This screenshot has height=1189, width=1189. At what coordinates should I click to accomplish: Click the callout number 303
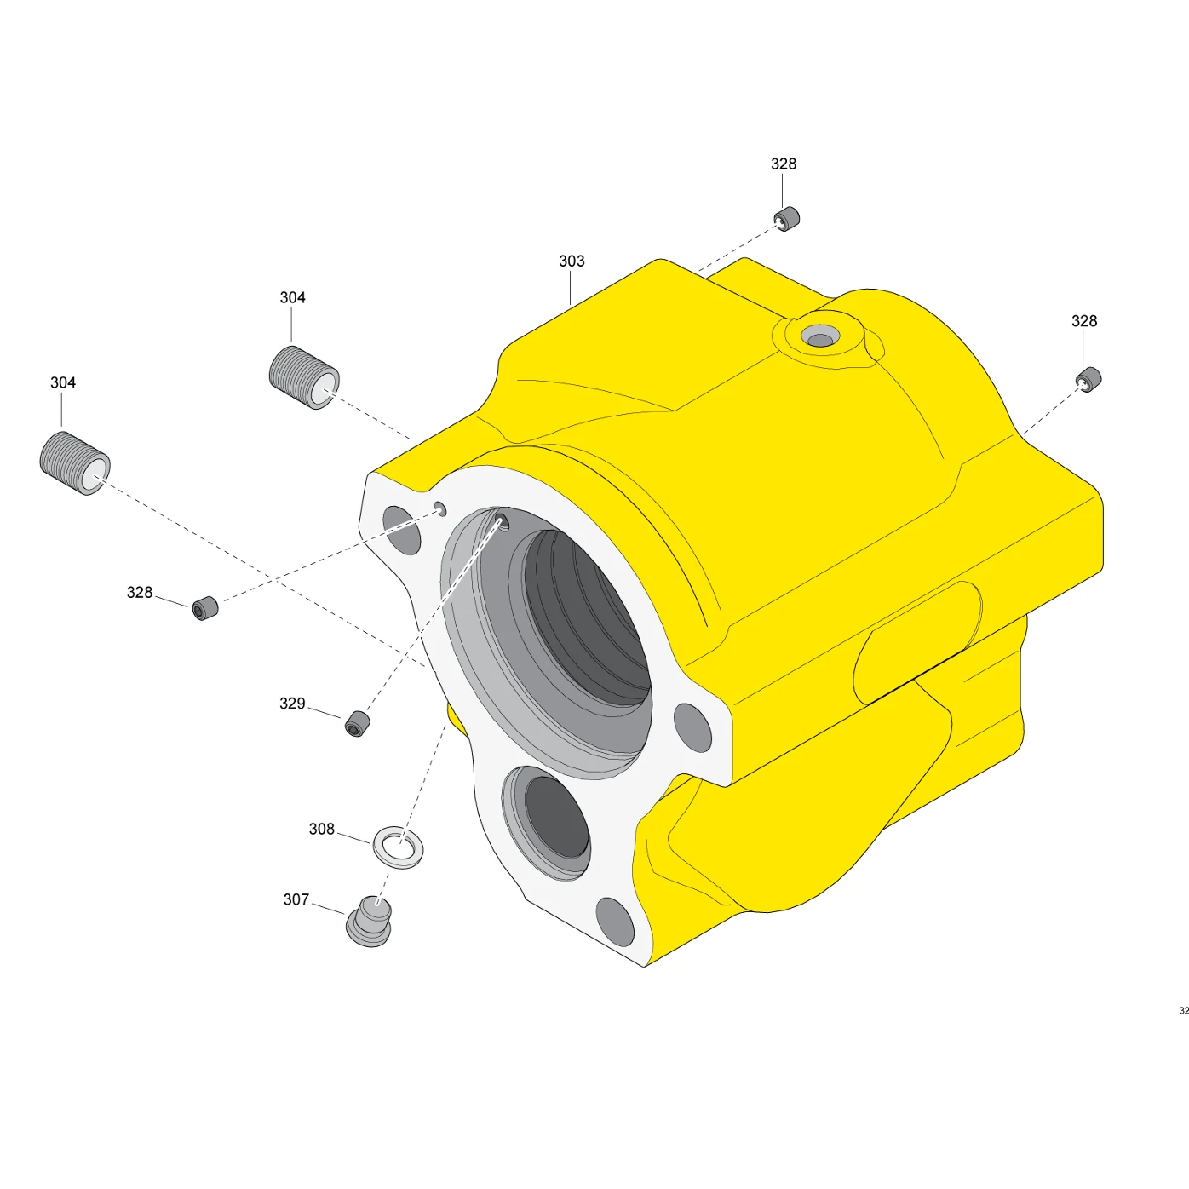point(572,261)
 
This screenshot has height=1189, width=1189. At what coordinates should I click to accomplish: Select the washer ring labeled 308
point(399,847)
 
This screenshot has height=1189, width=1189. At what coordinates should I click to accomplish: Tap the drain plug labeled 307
point(369,922)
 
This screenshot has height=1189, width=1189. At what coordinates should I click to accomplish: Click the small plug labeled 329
point(357,724)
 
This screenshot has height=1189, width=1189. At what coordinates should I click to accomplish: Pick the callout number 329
point(292,704)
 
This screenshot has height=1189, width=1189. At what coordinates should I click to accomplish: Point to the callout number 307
point(296,899)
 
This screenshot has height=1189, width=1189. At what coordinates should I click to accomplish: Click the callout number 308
point(321,829)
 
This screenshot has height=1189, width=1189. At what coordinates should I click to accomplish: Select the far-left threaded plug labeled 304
point(75,462)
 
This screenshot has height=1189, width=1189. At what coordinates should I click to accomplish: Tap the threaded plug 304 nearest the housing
point(304,377)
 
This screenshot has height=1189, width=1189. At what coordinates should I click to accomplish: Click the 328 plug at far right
point(1088,380)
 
